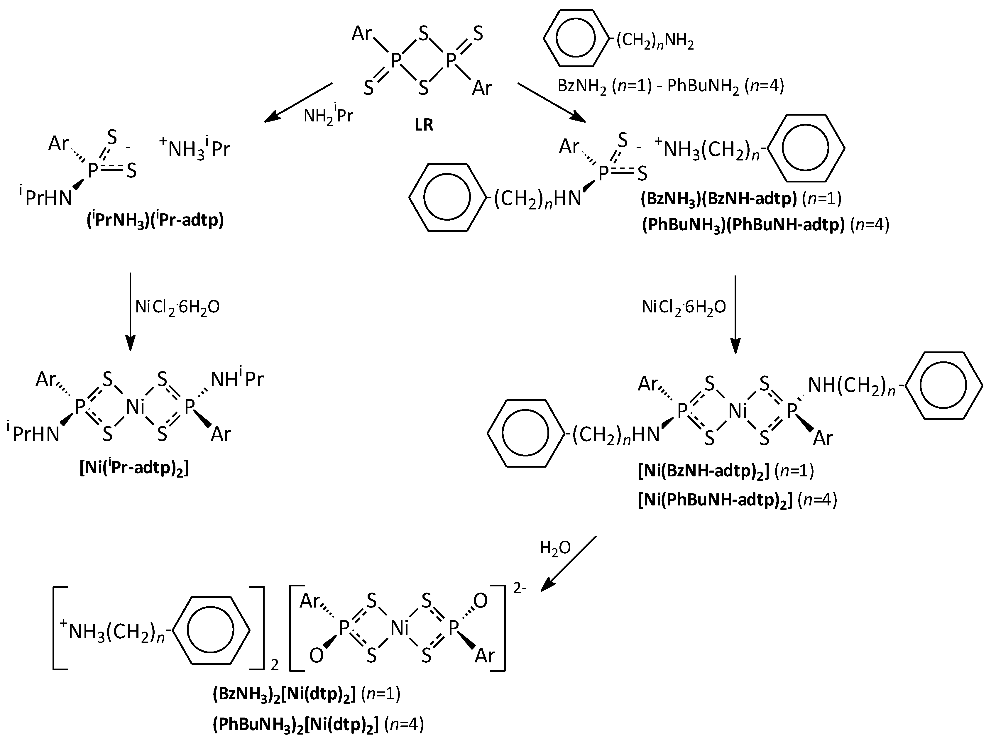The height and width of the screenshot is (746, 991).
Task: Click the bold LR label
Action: click(x=424, y=125)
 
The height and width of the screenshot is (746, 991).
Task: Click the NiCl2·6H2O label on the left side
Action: click(x=177, y=307)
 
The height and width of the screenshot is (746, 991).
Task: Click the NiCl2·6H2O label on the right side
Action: click(x=684, y=307)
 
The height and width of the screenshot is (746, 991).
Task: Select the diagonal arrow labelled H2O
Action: click(x=569, y=564)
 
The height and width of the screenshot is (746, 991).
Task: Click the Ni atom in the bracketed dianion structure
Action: click(x=399, y=628)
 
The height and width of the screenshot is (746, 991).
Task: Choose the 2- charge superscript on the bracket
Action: click(x=520, y=588)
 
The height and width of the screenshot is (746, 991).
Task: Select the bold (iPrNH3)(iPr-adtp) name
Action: click(x=155, y=221)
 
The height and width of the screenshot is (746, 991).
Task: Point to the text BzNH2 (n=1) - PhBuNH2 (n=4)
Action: click(x=671, y=86)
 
